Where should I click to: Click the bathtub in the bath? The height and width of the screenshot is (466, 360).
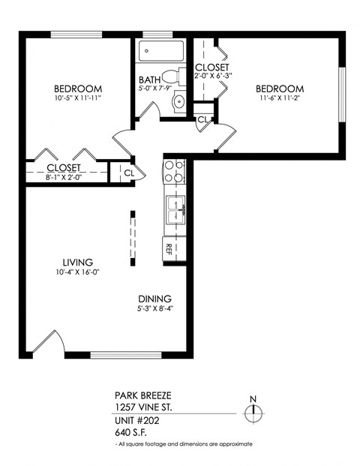pos(159,53)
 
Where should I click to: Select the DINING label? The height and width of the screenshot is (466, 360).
pos(154,298)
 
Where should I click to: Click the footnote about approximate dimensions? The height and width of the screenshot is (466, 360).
pos(184,445)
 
